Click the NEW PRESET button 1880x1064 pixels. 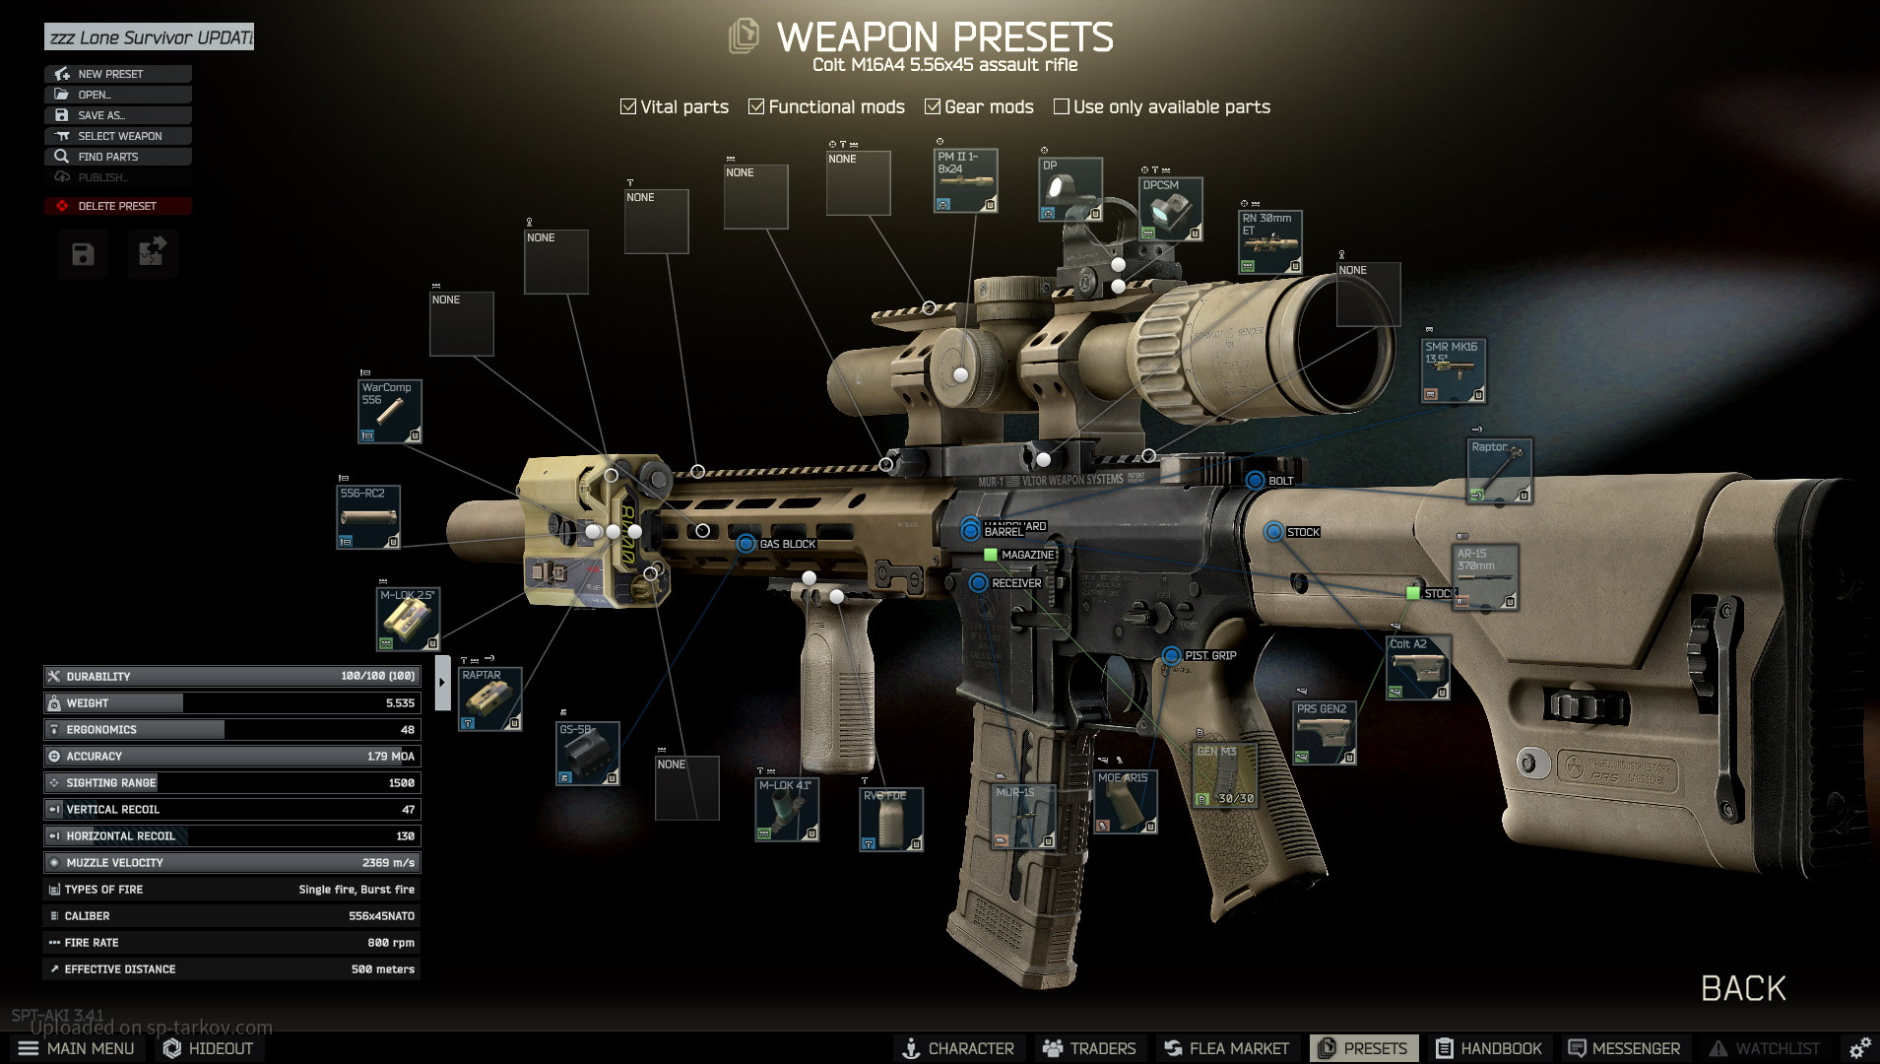click(118, 74)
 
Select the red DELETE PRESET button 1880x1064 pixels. click(118, 206)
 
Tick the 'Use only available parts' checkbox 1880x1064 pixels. click(1062, 106)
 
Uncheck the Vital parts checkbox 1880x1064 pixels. click(628, 106)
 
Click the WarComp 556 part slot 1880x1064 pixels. click(390, 411)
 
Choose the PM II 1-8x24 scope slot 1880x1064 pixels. click(965, 180)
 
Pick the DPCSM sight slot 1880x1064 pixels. click(1171, 209)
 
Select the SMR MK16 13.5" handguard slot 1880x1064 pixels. click(1453, 369)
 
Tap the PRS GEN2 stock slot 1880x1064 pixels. click(1325, 732)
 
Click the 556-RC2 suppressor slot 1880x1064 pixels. click(368, 517)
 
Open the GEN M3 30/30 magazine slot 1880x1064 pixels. click(1225, 775)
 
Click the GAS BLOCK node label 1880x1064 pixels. click(787, 544)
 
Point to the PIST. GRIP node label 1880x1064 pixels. click(1209, 655)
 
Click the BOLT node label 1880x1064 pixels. click(1280, 481)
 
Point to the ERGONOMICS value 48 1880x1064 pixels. click(407, 730)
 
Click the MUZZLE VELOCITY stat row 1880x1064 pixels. click(232, 862)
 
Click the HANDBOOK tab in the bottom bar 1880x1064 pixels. click(1489, 1048)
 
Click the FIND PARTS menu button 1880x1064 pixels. click(118, 157)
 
